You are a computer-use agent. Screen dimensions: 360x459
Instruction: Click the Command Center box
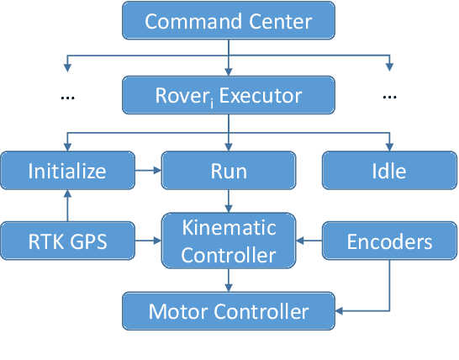pyautogui.click(x=229, y=20)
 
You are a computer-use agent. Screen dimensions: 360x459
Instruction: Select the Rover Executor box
pyautogui.click(x=229, y=96)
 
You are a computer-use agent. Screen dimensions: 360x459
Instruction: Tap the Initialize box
pyautogui.click(x=67, y=171)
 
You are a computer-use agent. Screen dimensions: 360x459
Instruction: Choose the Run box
pyautogui.click(x=229, y=171)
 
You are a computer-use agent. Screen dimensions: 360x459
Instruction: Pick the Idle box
pyautogui.click(x=389, y=171)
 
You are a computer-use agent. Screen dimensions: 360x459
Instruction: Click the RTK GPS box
pyautogui.click(x=67, y=242)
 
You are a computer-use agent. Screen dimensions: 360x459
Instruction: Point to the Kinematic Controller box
pyautogui.click(x=229, y=242)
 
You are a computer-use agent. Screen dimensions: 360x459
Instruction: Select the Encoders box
pyautogui.click(x=389, y=242)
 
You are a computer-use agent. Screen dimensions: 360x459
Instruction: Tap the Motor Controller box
pyautogui.click(x=229, y=312)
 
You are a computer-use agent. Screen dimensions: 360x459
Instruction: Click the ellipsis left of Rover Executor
pyautogui.click(x=68, y=97)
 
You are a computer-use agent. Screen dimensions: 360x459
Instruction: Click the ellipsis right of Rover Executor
pyautogui.click(x=389, y=97)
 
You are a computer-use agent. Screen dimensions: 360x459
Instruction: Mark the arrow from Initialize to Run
pyautogui.click(x=148, y=171)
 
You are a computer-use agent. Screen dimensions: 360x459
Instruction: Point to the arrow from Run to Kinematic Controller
pyautogui.click(x=229, y=201)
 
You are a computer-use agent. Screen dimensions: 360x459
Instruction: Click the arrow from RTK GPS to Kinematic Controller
pyautogui.click(x=148, y=242)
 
